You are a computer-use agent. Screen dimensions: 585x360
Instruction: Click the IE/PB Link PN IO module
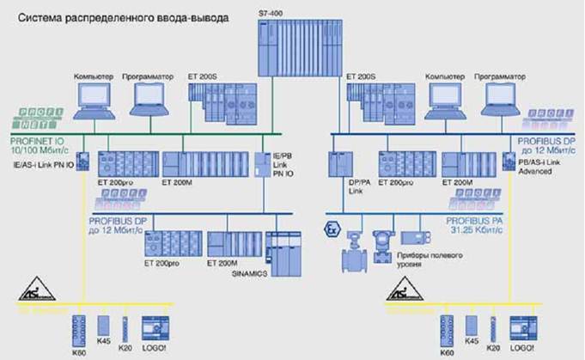263,163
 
